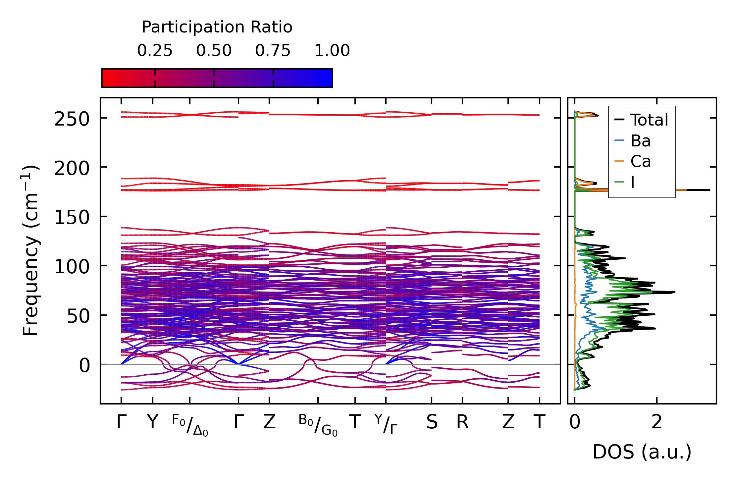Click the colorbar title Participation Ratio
(217, 27)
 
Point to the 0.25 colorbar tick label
(155, 51)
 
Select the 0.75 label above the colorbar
(273, 51)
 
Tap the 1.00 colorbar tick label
(332, 51)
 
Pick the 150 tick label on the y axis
(72, 218)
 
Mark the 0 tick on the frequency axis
(84, 366)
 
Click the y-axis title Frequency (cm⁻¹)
(30, 250)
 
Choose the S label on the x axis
(432, 422)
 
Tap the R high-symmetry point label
(462, 422)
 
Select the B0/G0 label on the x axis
(318, 425)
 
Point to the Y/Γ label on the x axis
(386, 424)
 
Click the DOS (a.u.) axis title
(642, 452)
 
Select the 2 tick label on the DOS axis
(657, 422)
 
